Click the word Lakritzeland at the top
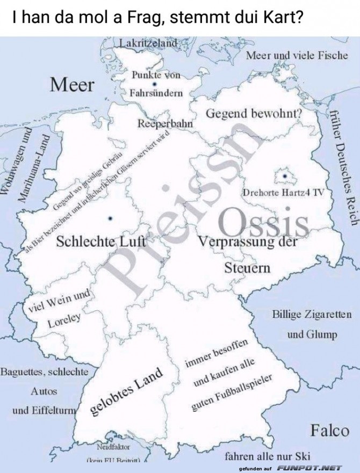pos(148,43)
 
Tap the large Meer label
pos(72,84)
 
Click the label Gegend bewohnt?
pos(254,114)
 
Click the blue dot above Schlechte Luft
pos(110,218)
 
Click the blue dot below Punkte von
pos(155,84)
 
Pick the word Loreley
pos(63,321)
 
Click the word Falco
pos(329,430)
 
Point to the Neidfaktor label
pos(113,447)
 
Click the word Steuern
pos(247,267)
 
